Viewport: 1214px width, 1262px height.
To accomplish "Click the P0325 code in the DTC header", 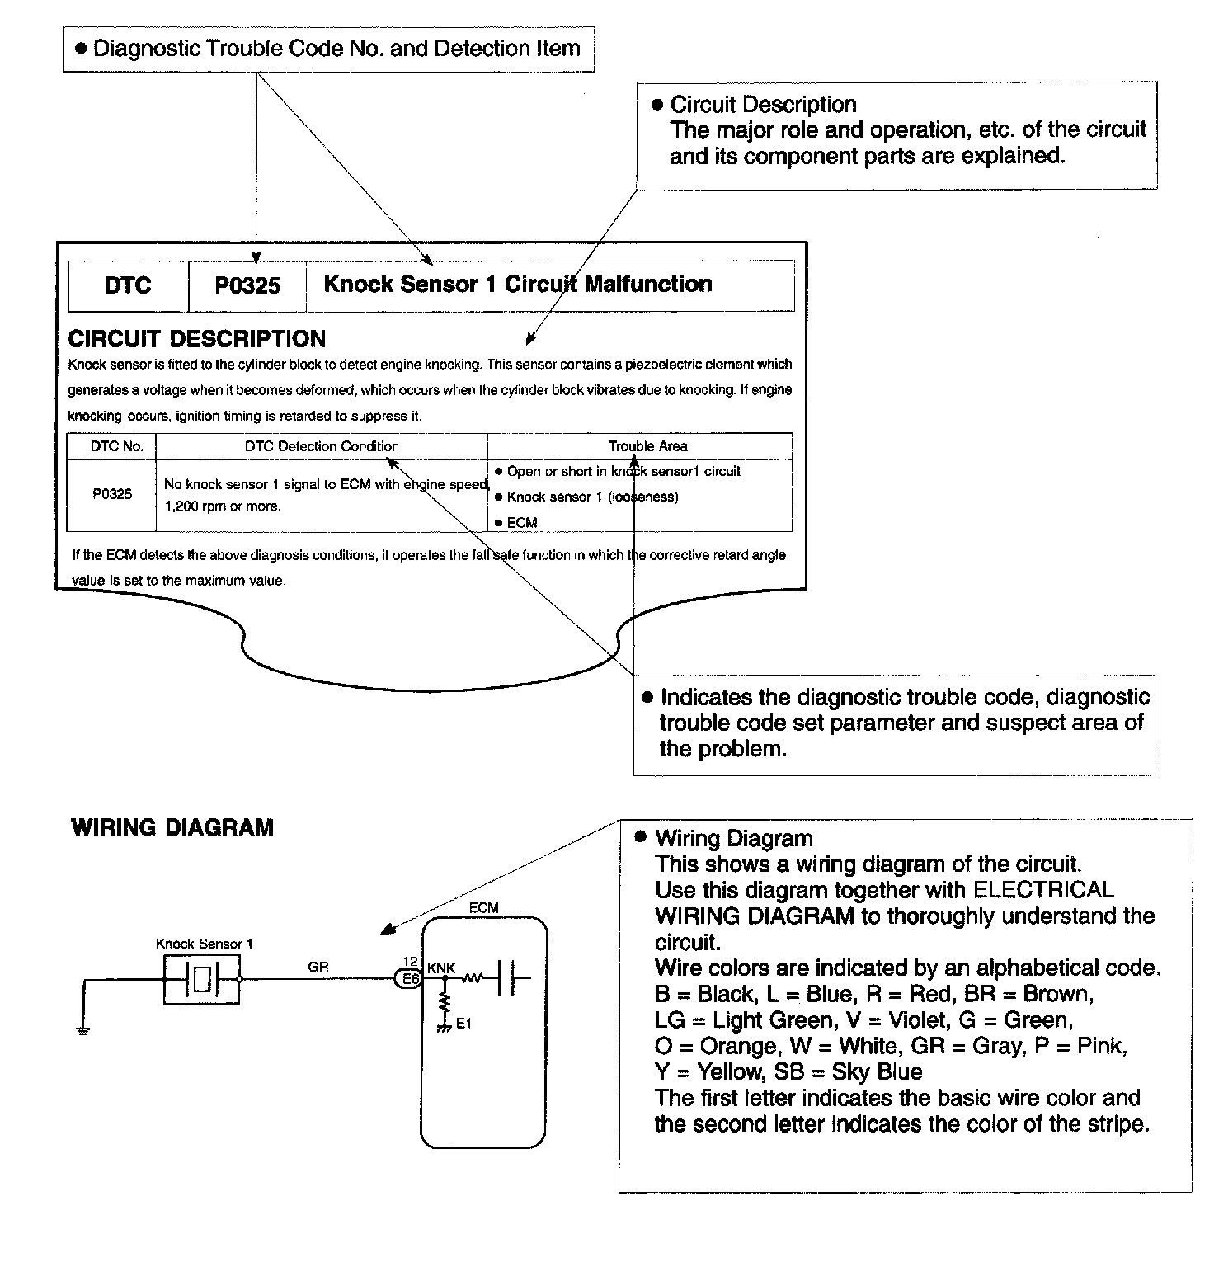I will [x=247, y=285].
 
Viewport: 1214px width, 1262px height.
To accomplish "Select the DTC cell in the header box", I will [x=128, y=285].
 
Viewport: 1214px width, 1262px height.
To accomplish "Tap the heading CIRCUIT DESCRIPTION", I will [x=196, y=339].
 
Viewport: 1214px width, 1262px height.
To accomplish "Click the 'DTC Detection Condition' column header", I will [x=322, y=446].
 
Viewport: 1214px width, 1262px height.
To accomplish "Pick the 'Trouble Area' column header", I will [x=647, y=446].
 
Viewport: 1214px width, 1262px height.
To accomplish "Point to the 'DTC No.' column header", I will [x=116, y=446].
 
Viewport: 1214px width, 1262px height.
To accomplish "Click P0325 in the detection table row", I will [x=111, y=494].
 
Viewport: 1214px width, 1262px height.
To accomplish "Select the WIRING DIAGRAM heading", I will [x=172, y=827].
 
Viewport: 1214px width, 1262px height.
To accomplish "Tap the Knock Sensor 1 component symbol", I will [x=202, y=980].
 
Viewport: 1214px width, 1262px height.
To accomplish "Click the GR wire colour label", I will [x=318, y=967].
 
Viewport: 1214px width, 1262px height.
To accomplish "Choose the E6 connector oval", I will [x=409, y=979].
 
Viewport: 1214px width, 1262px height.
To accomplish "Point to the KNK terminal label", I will [x=441, y=968].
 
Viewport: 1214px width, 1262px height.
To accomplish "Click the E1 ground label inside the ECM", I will [x=463, y=1024].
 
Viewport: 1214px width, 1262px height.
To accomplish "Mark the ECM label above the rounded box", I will [x=483, y=908].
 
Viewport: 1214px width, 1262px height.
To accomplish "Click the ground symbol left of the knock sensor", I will [x=83, y=1030].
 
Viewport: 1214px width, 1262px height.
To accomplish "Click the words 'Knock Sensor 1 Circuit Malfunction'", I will [x=517, y=285].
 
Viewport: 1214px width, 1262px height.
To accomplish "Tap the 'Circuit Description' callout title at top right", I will [x=763, y=105].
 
